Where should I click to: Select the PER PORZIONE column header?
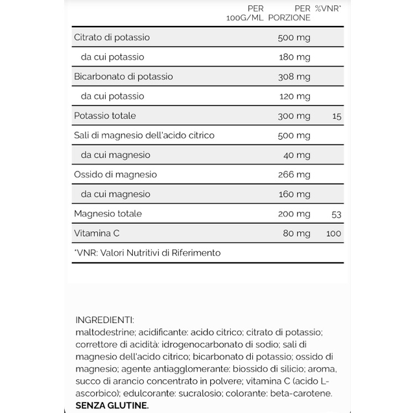click(294, 13)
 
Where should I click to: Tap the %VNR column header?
click(328, 8)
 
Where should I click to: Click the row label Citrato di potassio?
click(112, 38)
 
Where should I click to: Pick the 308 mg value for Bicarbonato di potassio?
click(293, 76)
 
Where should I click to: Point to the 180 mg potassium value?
click(293, 57)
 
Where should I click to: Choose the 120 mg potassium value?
click(293, 96)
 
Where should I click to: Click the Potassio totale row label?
click(104, 116)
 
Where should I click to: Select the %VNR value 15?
click(335, 116)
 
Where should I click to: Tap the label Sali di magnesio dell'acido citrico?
click(144, 135)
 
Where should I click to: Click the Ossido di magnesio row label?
click(115, 174)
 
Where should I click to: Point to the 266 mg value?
click(293, 174)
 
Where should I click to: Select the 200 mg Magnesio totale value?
click(293, 214)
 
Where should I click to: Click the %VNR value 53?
click(335, 214)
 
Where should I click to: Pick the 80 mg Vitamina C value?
click(296, 233)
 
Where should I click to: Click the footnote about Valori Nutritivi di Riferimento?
click(148, 252)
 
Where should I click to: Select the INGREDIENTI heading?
click(105, 320)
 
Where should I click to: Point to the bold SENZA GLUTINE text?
click(112, 405)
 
